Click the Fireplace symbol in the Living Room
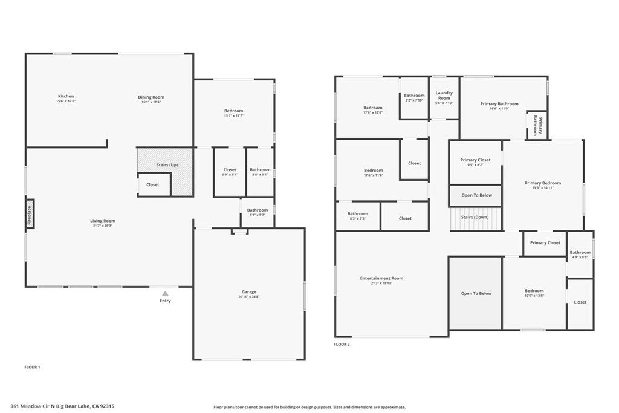click(x=30, y=213)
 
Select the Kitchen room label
click(x=66, y=97)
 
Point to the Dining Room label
click(x=151, y=97)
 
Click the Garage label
click(x=248, y=292)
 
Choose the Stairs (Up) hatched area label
click(x=167, y=164)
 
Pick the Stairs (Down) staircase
click(x=476, y=218)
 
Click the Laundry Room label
click(x=444, y=96)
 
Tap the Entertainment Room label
click(x=381, y=279)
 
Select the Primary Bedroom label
click(x=542, y=183)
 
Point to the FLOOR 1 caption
click(x=32, y=367)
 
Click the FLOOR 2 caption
click(x=342, y=344)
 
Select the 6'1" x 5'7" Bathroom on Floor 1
click(x=258, y=212)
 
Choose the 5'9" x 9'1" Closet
click(x=230, y=172)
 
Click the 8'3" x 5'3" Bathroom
click(x=357, y=216)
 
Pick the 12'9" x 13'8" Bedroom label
click(x=534, y=293)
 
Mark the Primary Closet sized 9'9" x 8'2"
click(x=475, y=162)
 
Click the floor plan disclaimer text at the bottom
click(x=309, y=407)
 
